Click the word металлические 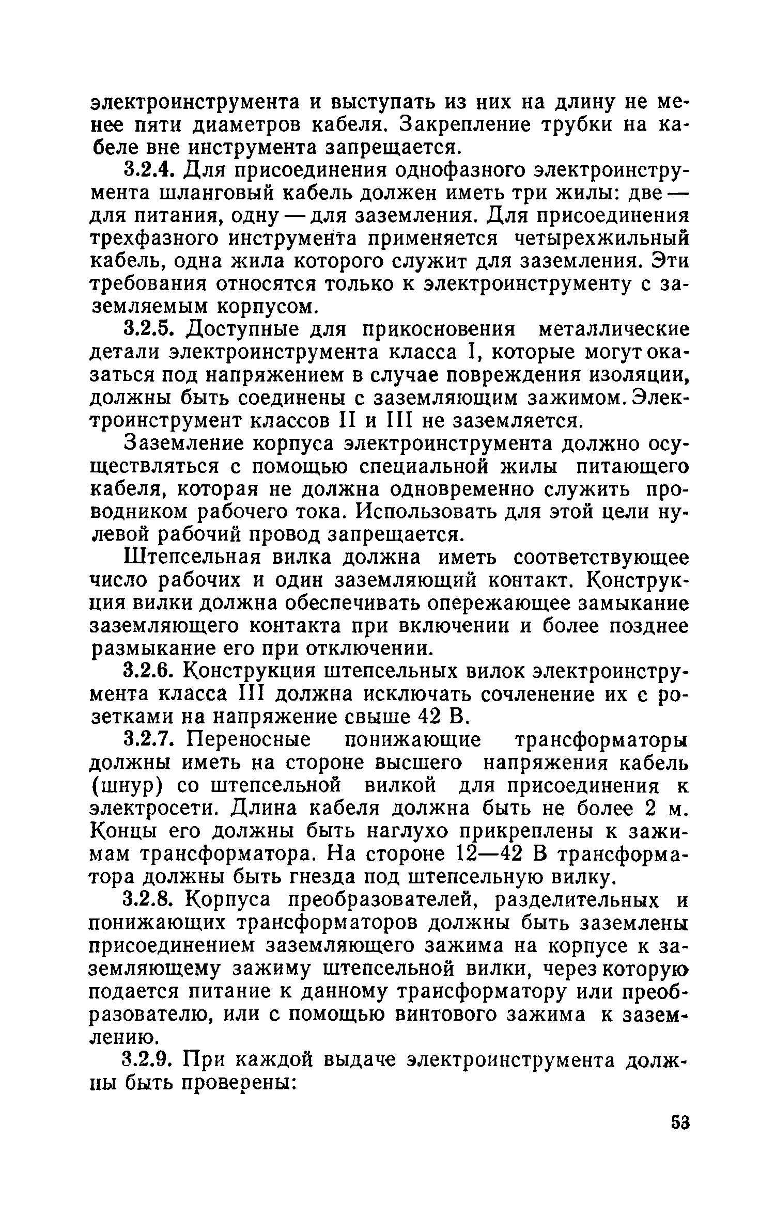[614, 329]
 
